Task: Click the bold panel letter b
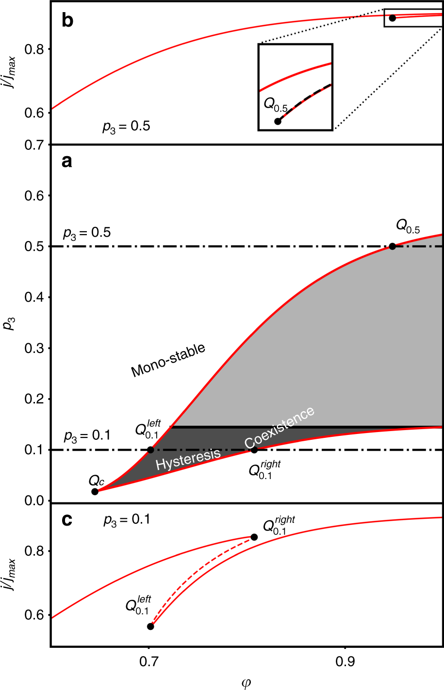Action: pos(67,21)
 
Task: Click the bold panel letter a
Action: pos(67,161)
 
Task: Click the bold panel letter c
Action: pos(67,520)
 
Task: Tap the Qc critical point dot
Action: pos(95,491)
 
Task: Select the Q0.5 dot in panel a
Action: pos(393,246)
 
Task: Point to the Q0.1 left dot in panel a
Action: pos(150,450)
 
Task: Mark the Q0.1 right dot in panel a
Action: pos(254,450)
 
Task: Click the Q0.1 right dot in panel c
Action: pos(254,537)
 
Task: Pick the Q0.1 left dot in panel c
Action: pos(150,626)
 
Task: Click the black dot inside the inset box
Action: pos(278,121)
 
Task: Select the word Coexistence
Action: pos(280,427)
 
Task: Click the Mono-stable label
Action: pos(168,360)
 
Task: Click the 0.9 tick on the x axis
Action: pos(345,662)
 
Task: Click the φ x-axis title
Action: pos(246,684)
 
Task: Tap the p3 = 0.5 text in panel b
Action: pos(126,127)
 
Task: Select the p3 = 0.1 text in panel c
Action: pos(127,520)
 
